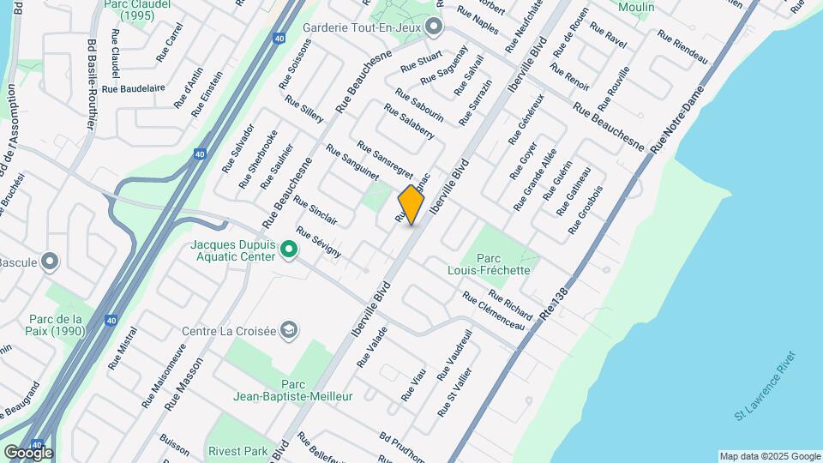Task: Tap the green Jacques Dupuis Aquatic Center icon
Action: [x=289, y=250]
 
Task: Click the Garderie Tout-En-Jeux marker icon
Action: [x=434, y=27]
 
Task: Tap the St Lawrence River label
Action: [x=765, y=386]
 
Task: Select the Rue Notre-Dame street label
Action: [x=676, y=120]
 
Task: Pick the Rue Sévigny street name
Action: [x=319, y=243]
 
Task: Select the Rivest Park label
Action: [x=238, y=450]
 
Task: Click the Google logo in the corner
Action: [x=28, y=452]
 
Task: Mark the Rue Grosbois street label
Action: [x=586, y=209]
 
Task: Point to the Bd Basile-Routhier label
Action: [x=91, y=84]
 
